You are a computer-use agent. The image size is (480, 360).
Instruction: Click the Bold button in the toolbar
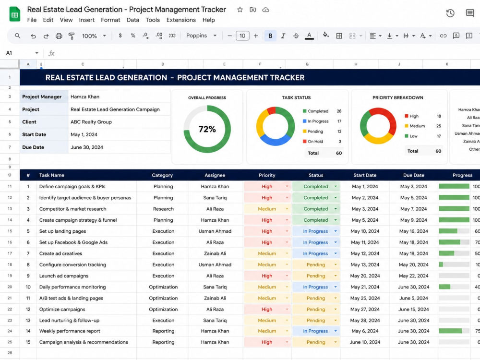coord(270,36)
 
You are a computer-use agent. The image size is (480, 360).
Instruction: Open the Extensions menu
coord(181,20)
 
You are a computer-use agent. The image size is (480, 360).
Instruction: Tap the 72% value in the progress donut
coord(207,129)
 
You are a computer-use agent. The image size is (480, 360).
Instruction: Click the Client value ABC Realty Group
coord(91,122)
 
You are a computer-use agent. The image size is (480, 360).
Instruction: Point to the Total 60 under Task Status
coord(324,153)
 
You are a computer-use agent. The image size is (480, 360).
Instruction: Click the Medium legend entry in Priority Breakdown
coord(415,126)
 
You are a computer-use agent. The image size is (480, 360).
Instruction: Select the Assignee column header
coord(215,175)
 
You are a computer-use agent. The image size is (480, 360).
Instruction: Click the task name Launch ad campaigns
coord(64,276)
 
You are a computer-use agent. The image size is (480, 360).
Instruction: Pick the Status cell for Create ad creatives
coord(316,253)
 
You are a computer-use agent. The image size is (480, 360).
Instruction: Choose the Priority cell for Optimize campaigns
coord(267,309)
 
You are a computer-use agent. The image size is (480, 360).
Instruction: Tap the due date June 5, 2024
coord(414,298)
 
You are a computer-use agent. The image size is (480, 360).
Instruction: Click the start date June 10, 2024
coord(365,342)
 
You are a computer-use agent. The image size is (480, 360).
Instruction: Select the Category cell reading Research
coord(163,209)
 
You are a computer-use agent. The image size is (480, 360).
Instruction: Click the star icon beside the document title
coord(240,10)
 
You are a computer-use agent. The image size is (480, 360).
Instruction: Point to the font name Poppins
coord(196,36)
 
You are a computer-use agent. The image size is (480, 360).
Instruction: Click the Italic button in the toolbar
coord(283,36)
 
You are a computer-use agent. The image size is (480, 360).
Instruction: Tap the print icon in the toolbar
coord(59,36)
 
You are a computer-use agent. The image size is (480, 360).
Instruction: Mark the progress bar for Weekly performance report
coord(454,331)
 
